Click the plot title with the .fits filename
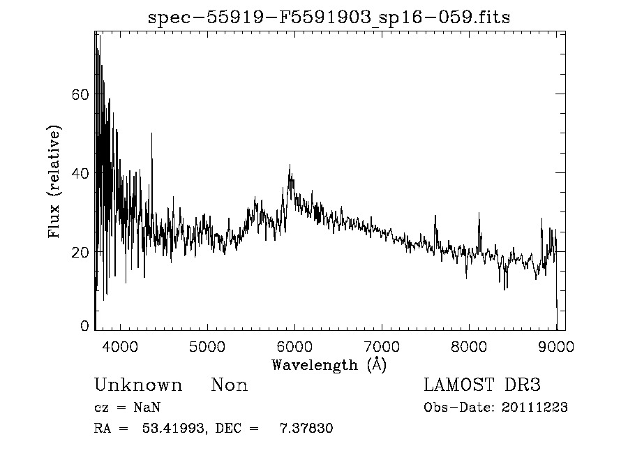coord(329,17)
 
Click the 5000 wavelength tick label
coord(207,346)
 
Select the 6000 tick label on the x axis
coord(294,346)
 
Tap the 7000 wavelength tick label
coord(382,346)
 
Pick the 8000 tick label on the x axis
coord(469,346)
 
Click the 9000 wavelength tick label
coord(556,346)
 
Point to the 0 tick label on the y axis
coord(84,326)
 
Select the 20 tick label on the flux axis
coord(80,252)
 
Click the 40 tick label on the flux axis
coord(80,173)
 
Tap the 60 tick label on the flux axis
coord(80,94)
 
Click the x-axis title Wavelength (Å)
coord(329,364)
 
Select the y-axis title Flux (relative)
coord(54,181)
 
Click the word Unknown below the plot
coord(138,385)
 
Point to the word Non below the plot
coord(230,385)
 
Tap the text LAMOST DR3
coord(482,385)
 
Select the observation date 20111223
coord(536,408)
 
